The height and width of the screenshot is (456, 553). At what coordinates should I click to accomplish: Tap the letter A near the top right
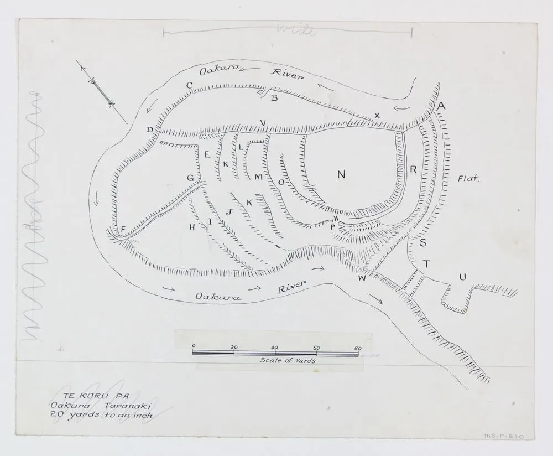click(x=441, y=106)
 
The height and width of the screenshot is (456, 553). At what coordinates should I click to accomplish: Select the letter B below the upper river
click(x=274, y=99)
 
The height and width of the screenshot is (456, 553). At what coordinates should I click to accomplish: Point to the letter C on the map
click(x=189, y=85)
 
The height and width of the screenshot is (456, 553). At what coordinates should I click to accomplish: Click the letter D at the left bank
click(x=150, y=130)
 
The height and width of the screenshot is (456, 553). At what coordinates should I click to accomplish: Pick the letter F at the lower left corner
click(x=123, y=229)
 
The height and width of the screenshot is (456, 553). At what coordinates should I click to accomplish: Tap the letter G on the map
click(x=190, y=178)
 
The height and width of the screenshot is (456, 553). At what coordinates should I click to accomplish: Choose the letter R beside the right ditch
click(x=413, y=170)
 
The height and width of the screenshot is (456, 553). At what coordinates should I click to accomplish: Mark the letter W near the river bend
click(x=362, y=278)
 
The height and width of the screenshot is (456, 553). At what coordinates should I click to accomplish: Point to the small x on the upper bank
click(x=377, y=115)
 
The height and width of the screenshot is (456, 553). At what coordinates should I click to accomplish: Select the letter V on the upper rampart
click(x=263, y=122)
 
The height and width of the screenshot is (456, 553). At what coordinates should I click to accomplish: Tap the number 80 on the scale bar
click(x=358, y=348)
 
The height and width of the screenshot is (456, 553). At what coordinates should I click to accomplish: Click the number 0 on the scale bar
click(x=194, y=347)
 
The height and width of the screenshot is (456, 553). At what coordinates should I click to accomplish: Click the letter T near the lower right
click(x=426, y=265)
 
